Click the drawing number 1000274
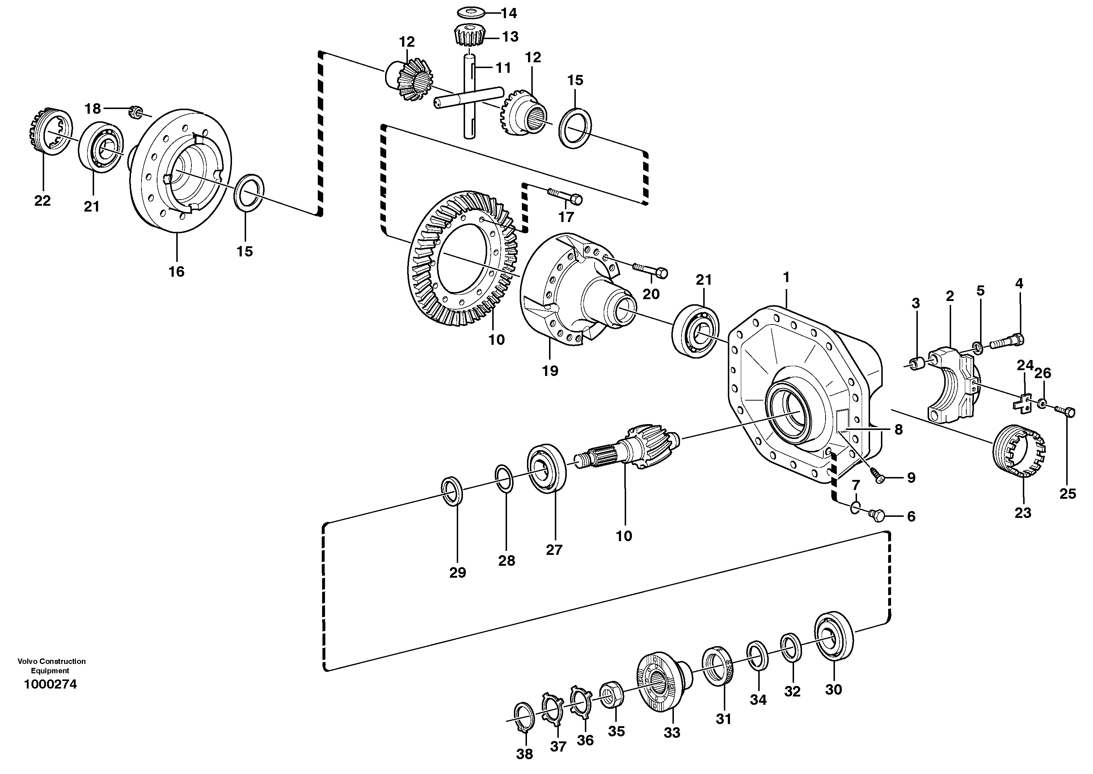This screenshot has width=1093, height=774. pyautogui.click(x=50, y=685)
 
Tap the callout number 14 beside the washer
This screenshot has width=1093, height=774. pyautogui.click(x=508, y=13)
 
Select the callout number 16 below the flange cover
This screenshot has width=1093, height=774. pyautogui.click(x=176, y=272)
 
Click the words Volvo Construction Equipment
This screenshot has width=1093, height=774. pyautogui.click(x=51, y=666)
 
